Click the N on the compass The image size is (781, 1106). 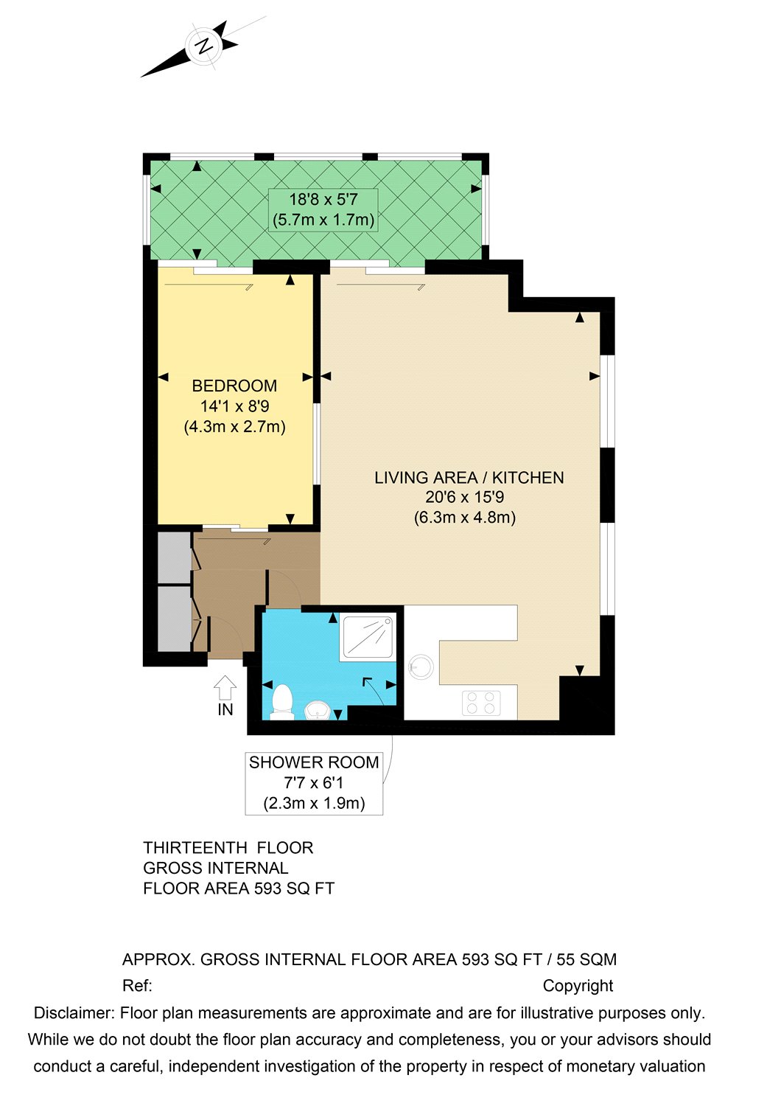203,46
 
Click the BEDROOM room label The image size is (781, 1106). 234,386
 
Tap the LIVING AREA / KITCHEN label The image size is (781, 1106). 469,478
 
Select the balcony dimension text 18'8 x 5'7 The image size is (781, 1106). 323,199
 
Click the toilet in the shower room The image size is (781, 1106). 282,700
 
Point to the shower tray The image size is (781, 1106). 369,637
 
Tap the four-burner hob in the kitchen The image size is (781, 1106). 481,703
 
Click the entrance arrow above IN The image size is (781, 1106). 225,688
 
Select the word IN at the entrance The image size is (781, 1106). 225,709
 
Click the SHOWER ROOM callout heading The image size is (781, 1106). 314,762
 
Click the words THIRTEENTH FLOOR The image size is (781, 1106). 228,848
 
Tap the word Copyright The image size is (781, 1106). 578,986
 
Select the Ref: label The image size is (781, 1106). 137,986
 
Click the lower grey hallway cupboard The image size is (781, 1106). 175,618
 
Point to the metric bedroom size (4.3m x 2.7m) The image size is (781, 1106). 234,426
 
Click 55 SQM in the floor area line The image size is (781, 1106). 586,959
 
